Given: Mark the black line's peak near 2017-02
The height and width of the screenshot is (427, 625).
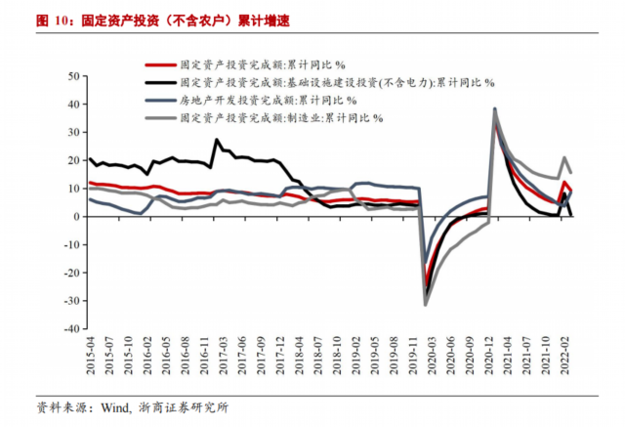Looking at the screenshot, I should [x=217, y=140].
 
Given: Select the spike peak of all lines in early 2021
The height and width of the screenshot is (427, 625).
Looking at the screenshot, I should [x=495, y=108].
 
